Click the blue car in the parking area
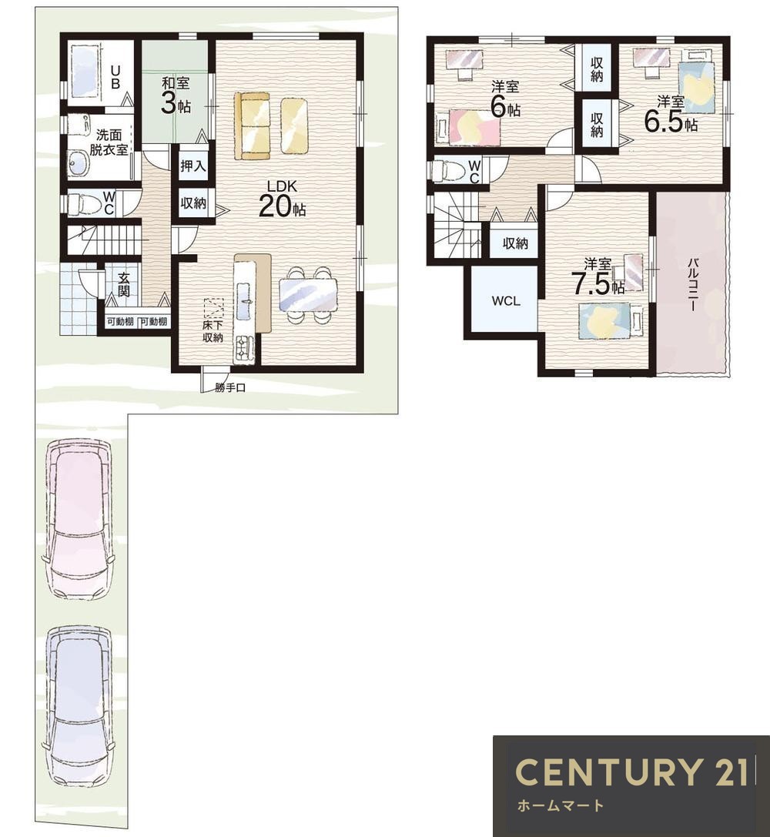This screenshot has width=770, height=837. pos(79,705)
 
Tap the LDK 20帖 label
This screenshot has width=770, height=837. pos(282,199)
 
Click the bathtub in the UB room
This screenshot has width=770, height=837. pos(85,72)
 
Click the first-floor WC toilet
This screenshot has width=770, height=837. pos(82,203)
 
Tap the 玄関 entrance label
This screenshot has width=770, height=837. pos(123,284)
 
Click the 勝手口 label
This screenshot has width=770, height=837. pos(230,388)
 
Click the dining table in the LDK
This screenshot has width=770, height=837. pos(309,295)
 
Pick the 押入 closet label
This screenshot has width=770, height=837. pos(192,166)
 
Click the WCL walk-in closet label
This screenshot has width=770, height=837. pos(505,301)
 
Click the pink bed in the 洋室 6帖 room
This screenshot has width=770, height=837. pos(467,127)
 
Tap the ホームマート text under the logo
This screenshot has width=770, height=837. pos(561,805)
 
